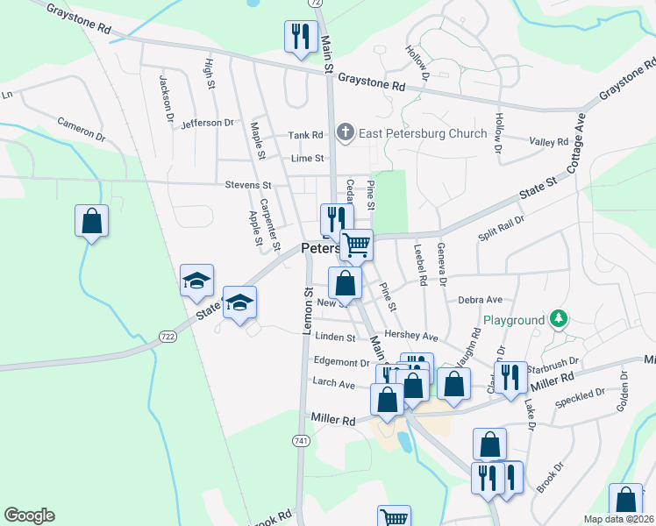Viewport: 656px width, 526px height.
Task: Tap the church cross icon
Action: click(x=346, y=133)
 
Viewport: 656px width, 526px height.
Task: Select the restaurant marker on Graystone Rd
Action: click(x=299, y=37)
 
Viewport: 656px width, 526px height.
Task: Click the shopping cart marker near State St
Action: click(x=356, y=245)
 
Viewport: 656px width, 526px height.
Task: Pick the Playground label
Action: click(x=513, y=321)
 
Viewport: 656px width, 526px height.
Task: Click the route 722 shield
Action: click(x=168, y=336)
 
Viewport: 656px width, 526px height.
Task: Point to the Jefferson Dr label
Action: click(x=208, y=124)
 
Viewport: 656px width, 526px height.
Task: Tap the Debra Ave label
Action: click(x=480, y=299)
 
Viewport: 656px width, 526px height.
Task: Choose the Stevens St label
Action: click(x=248, y=186)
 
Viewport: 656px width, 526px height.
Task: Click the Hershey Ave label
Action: click(x=417, y=337)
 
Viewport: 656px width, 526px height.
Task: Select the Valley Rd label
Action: click(x=549, y=141)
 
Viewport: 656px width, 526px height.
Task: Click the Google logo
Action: click(x=29, y=515)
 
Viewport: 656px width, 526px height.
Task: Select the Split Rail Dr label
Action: click(x=501, y=228)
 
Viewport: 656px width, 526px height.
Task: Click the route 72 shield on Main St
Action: click(x=318, y=4)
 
